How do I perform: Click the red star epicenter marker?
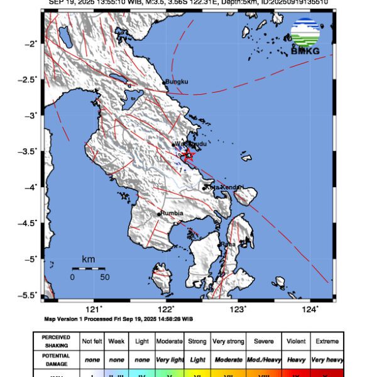click(x=187, y=155)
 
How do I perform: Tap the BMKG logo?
click(x=305, y=36)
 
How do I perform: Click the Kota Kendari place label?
click(x=225, y=187)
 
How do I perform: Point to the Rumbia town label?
click(x=172, y=213)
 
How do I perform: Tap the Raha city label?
click(x=228, y=244)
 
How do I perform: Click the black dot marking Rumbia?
click(x=159, y=214)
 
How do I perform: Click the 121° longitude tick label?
click(x=94, y=309)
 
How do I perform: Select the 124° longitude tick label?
click(x=310, y=309)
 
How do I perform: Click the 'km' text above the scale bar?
click(x=88, y=259)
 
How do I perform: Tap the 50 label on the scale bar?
click(x=104, y=276)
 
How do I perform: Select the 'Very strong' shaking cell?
click(x=227, y=341)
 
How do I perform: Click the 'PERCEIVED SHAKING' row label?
click(x=56, y=341)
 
